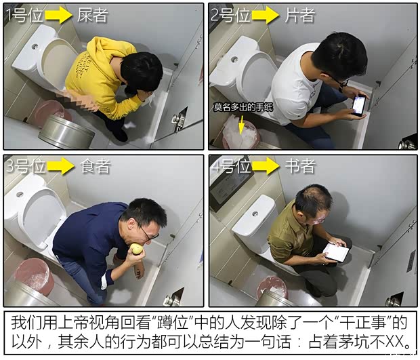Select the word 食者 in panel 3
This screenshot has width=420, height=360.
pos(95,166)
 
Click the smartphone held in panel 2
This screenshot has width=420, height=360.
pos(358,105)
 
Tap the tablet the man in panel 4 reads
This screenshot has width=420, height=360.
pos(336,252)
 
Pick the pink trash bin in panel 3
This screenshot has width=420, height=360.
pos(35,275)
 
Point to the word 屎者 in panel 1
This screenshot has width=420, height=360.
pos(93,15)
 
